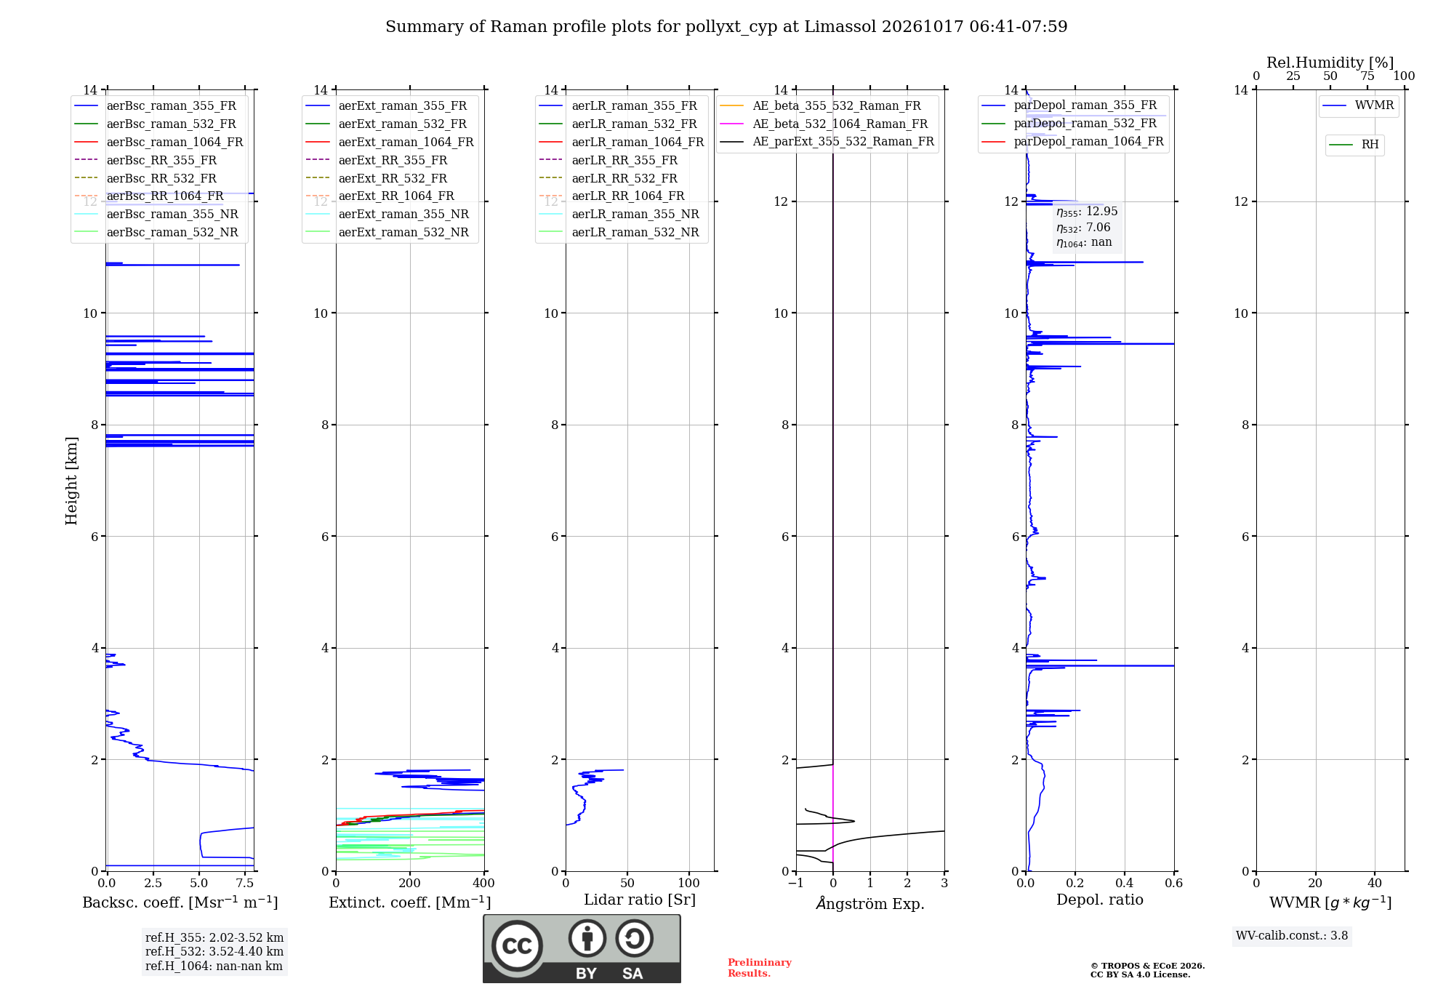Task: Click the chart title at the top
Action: point(726,27)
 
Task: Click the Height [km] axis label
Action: point(71,481)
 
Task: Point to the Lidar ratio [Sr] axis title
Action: point(640,900)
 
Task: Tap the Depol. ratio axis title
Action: point(1100,900)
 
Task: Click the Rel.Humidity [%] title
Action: point(1330,63)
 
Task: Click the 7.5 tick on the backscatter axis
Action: point(245,884)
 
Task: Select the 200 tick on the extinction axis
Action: point(410,884)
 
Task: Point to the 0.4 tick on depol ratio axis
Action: point(1125,884)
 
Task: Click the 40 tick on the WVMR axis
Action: point(1375,884)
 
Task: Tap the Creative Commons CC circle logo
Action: point(517,946)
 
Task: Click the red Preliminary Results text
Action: point(760,968)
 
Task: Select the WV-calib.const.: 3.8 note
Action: point(1292,936)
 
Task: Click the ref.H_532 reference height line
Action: point(214,952)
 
